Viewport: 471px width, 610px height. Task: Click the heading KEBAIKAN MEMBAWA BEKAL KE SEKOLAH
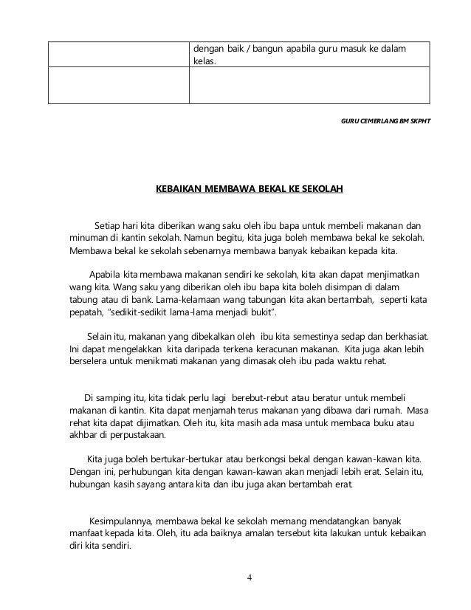[249, 190]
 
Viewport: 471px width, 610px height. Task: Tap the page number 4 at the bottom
[250, 578]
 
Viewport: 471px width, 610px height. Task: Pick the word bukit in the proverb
[261, 315]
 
